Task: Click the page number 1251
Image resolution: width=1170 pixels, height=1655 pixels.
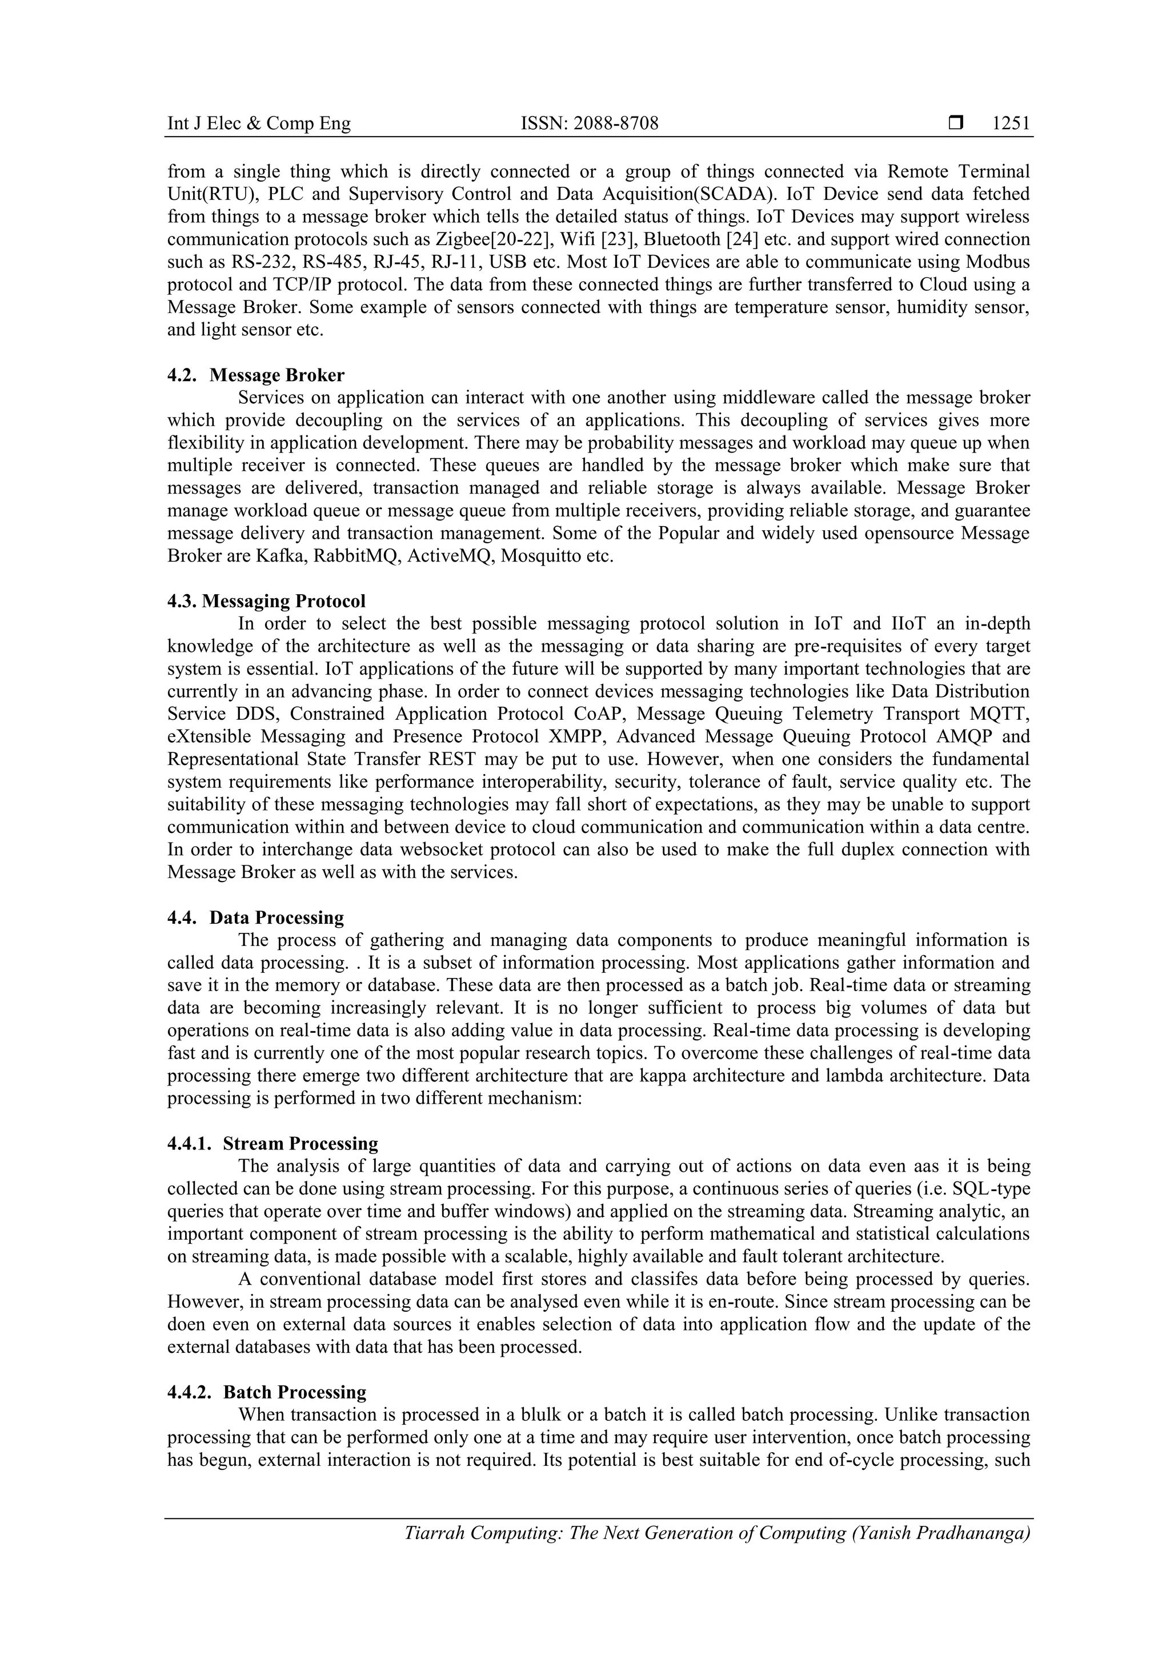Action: pos(1011,124)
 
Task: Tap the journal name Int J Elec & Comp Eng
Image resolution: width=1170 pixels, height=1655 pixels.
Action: pos(259,124)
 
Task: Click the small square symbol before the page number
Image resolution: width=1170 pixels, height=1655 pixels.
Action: pos(956,123)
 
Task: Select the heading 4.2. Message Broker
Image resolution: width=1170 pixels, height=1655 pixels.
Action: pos(256,375)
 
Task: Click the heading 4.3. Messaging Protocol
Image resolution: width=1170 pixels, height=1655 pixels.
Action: pos(266,600)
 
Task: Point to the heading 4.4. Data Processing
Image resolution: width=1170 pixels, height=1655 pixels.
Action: pos(256,917)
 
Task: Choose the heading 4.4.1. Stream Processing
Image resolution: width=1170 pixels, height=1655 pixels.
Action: pos(273,1143)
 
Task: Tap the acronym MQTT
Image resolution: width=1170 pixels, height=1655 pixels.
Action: pos(999,714)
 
